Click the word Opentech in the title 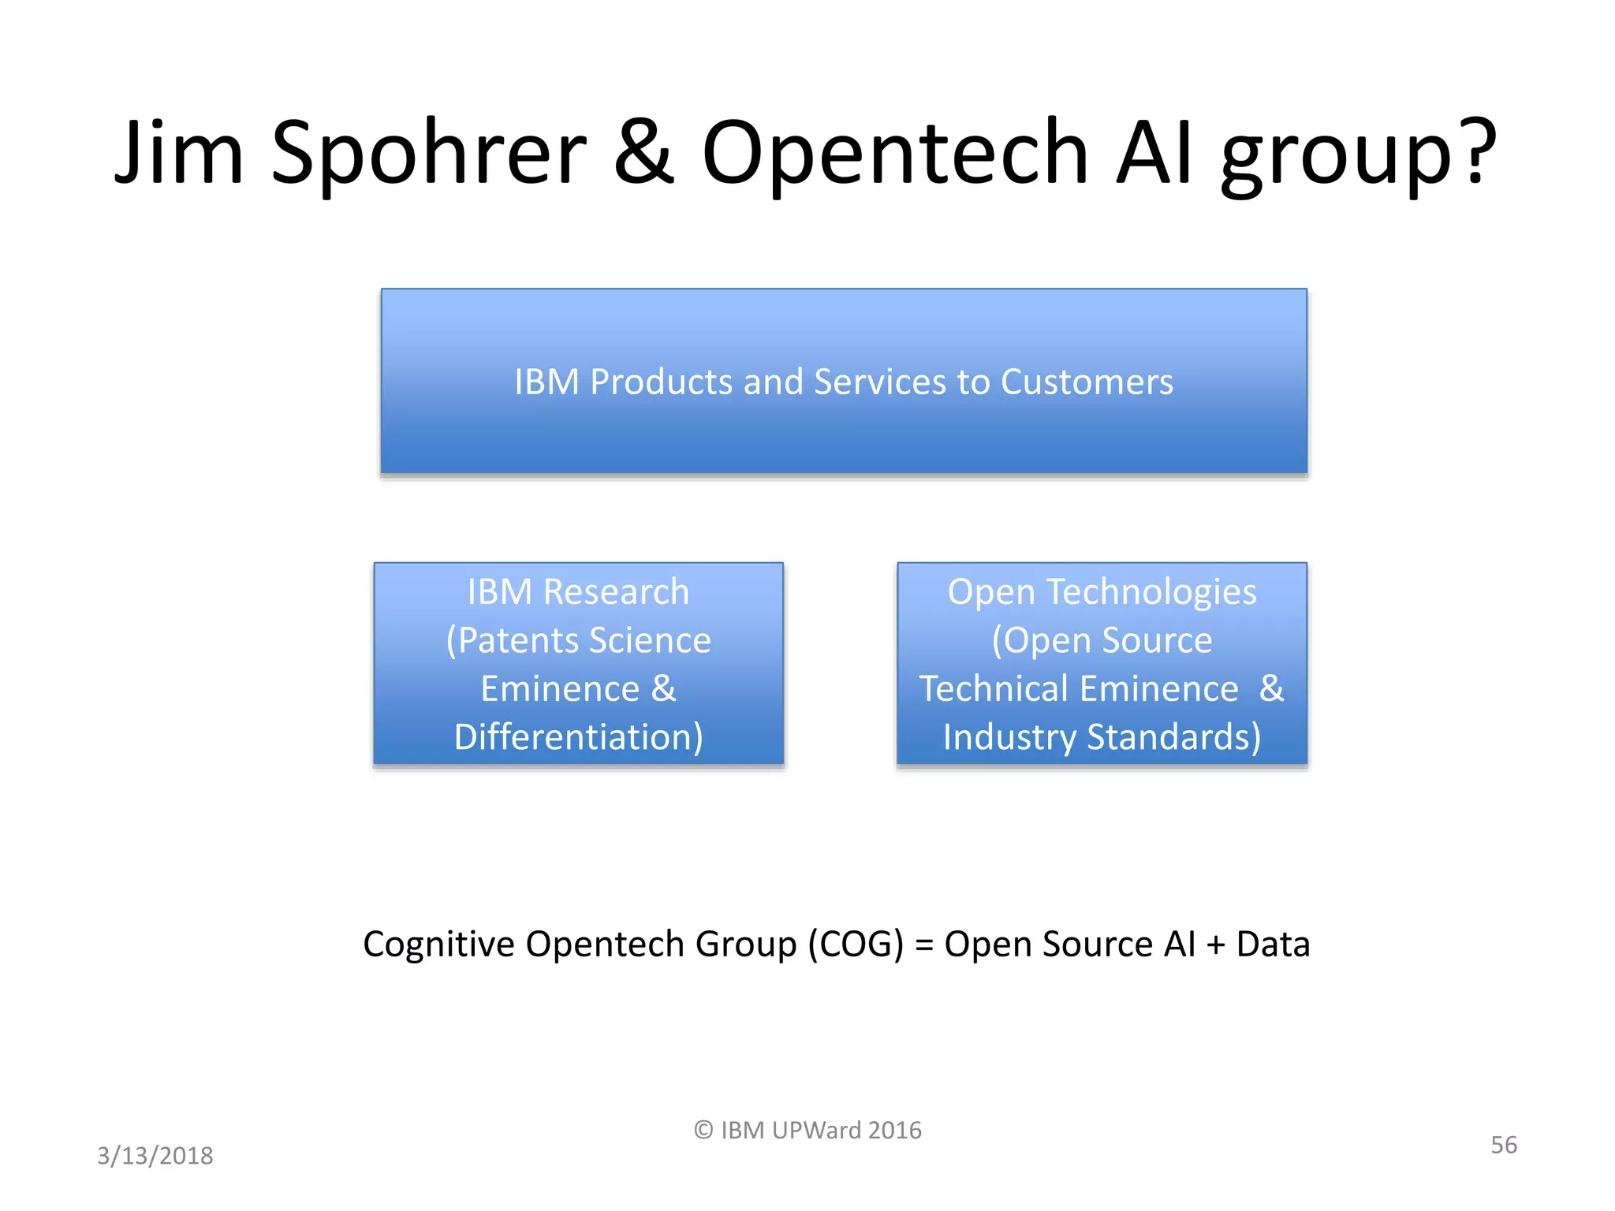(x=895, y=154)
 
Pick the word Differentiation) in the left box (x=578, y=737)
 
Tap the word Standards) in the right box (x=1174, y=737)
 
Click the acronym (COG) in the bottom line (x=856, y=944)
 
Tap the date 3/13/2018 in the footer (x=155, y=1156)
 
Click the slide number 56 (x=1503, y=1145)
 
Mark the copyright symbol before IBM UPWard (x=703, y=1131)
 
